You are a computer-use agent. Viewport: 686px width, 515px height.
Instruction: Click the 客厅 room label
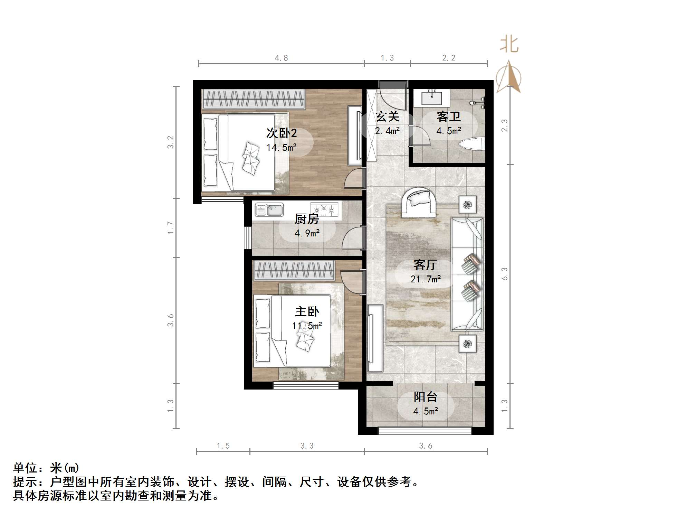[x=425, y=265]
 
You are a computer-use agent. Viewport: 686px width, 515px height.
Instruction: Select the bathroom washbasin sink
[x=432, y=97]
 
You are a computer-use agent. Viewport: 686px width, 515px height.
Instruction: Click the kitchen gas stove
[x=324, y=209]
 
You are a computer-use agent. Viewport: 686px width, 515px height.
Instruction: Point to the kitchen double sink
[x=269, y=209]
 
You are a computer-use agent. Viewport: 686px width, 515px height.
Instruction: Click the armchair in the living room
[x=419, y=202]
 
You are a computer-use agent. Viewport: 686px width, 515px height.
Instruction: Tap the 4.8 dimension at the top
[x=281, y=58]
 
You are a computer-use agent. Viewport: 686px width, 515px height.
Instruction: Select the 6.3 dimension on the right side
[x=505, y=273]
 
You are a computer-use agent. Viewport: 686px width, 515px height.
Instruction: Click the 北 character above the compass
[x=509, y=45]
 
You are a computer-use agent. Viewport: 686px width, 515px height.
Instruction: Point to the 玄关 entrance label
[x=388, y=116]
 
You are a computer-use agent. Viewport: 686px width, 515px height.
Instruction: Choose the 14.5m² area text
[x=282, y=148]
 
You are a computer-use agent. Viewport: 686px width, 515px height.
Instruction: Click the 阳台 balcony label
[x=426, y=397]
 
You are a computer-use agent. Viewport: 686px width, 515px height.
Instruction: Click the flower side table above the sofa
[x=468, y=205]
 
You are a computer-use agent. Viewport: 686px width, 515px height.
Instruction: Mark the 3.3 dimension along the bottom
[x=307, y=446]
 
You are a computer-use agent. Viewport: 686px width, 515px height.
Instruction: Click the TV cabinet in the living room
[x=375, y=338]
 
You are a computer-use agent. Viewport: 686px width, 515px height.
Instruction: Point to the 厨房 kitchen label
[x=307, y=219]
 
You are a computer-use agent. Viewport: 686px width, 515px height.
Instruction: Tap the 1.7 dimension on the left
[x=170, y=227]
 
